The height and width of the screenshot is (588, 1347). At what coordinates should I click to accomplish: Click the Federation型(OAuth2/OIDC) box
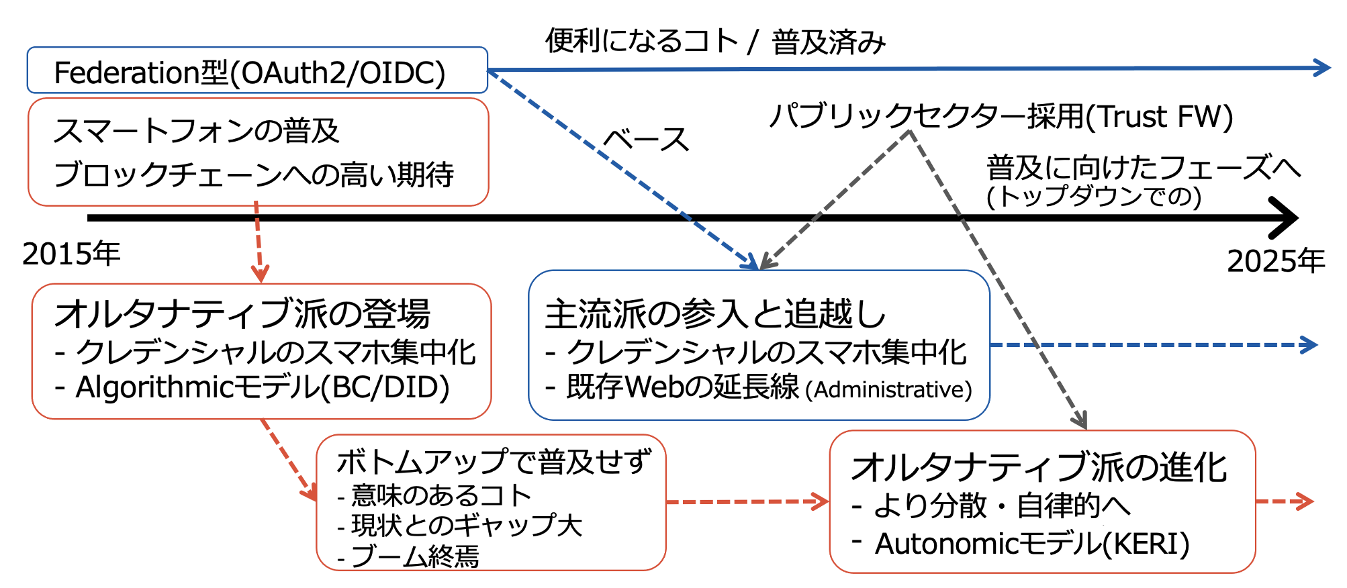[257, 70]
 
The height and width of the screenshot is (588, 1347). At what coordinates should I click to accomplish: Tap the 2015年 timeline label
[71, 254]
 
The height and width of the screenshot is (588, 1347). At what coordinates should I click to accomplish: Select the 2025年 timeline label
[1276, 260]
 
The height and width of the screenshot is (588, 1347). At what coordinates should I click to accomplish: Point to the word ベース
[646, 140]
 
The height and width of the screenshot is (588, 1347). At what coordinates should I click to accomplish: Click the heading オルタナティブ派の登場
[242, 313]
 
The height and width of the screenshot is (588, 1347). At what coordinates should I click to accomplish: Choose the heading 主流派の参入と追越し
[715, 314]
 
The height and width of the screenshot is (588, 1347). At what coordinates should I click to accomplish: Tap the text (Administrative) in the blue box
[888, 389]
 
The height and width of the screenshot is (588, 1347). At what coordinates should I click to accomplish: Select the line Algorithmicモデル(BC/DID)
[252, 387]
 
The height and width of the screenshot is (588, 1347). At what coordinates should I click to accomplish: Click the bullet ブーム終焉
[408, 556]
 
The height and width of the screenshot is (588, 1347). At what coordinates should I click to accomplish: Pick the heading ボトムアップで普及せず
[494, 462]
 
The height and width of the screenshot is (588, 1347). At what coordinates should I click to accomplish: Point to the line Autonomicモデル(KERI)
[1021, 544]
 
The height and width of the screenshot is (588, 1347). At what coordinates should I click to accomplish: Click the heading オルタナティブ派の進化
[1039, 467]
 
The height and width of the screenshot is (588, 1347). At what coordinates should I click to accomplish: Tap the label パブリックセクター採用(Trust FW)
[1001, 116]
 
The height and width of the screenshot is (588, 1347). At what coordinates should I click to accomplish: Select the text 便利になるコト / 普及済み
[716, 42]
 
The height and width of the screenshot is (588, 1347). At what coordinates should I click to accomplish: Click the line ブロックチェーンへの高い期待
[254, 175]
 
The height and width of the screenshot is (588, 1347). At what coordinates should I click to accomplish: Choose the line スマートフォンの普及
[197, 131]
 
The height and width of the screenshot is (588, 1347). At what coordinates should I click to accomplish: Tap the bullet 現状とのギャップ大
[460, 526]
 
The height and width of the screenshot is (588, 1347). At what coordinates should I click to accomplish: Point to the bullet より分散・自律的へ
[991, 505]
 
